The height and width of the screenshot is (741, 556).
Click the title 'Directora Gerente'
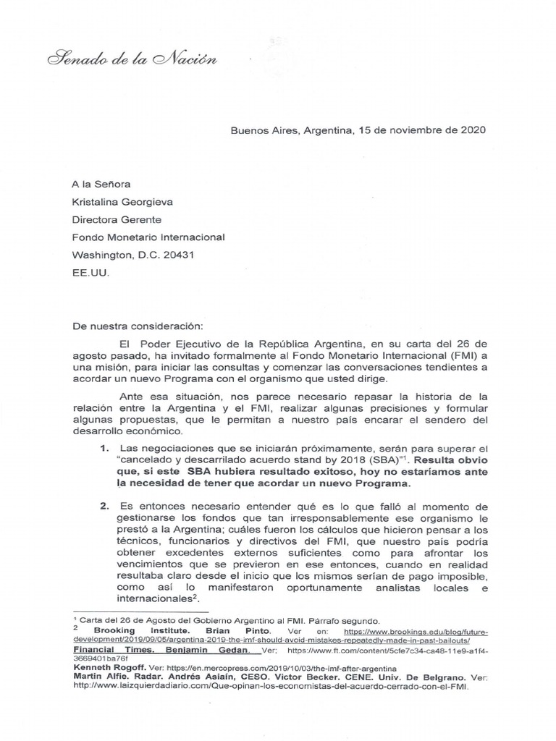[x=116, y=219]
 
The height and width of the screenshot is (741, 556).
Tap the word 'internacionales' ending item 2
[x=151, y=599]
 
